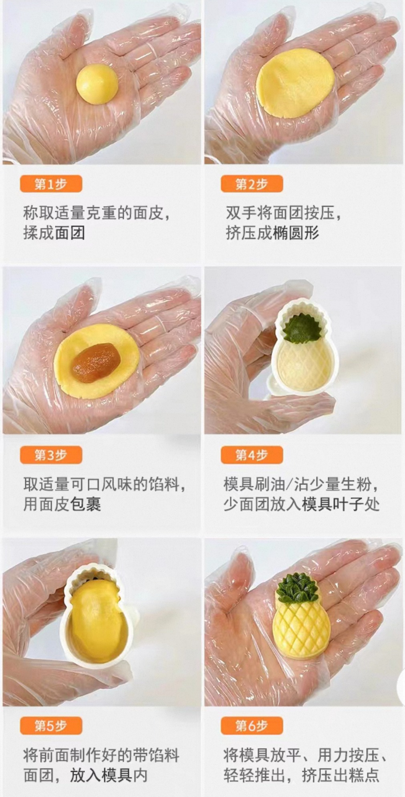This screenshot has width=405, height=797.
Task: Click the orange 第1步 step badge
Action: click(51, 184)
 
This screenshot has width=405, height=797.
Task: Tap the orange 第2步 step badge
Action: click(252, 184)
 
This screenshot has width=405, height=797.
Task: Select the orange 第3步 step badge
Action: click(51, 455)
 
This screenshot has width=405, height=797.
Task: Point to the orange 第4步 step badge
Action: click(252, 455)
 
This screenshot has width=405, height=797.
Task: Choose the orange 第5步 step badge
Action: click(51, 726)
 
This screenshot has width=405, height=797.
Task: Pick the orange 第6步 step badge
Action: click(252, 726)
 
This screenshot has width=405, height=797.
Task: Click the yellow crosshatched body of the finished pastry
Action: click(301, 630)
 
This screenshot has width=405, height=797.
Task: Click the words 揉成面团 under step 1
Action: click(54, 233)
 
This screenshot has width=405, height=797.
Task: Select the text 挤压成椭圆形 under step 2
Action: click(272, 233)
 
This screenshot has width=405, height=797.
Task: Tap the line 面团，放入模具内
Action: click(86, 775)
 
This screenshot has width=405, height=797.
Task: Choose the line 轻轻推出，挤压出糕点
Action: click(302, 775)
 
